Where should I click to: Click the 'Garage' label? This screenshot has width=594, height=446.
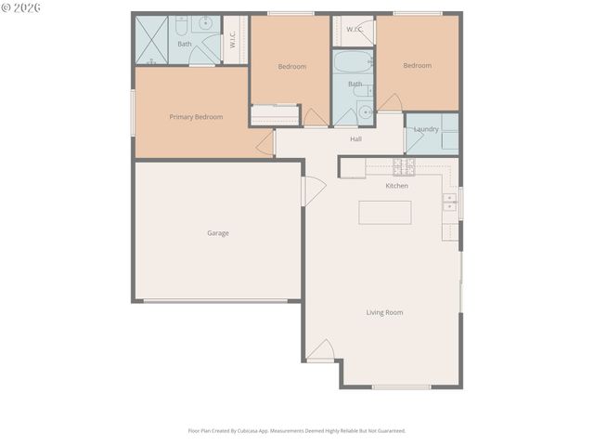tap(218, 233)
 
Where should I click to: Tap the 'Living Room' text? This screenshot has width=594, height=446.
tap(384, 312)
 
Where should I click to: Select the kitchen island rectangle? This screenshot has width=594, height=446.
tap(384, 213)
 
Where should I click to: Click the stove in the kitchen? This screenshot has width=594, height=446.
tap(403, 166)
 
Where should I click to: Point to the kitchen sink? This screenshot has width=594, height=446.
tap(450, 202)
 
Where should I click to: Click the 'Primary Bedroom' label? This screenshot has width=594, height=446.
tap(196, 117)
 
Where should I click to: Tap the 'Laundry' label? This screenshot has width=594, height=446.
tap(426, 129)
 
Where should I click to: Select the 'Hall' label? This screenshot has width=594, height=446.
tap(355, 139)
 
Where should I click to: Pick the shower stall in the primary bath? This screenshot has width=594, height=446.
tap(151, 39)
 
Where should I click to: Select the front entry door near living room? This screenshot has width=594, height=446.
tap(320, 351)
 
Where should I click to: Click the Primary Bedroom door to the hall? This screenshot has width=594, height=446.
tap(265, 142)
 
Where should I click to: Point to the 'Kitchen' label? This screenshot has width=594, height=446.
tap(396, 186)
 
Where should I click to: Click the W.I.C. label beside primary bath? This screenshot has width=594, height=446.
tap(233, 39)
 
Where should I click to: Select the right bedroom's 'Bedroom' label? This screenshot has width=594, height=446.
tap(417, 66)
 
